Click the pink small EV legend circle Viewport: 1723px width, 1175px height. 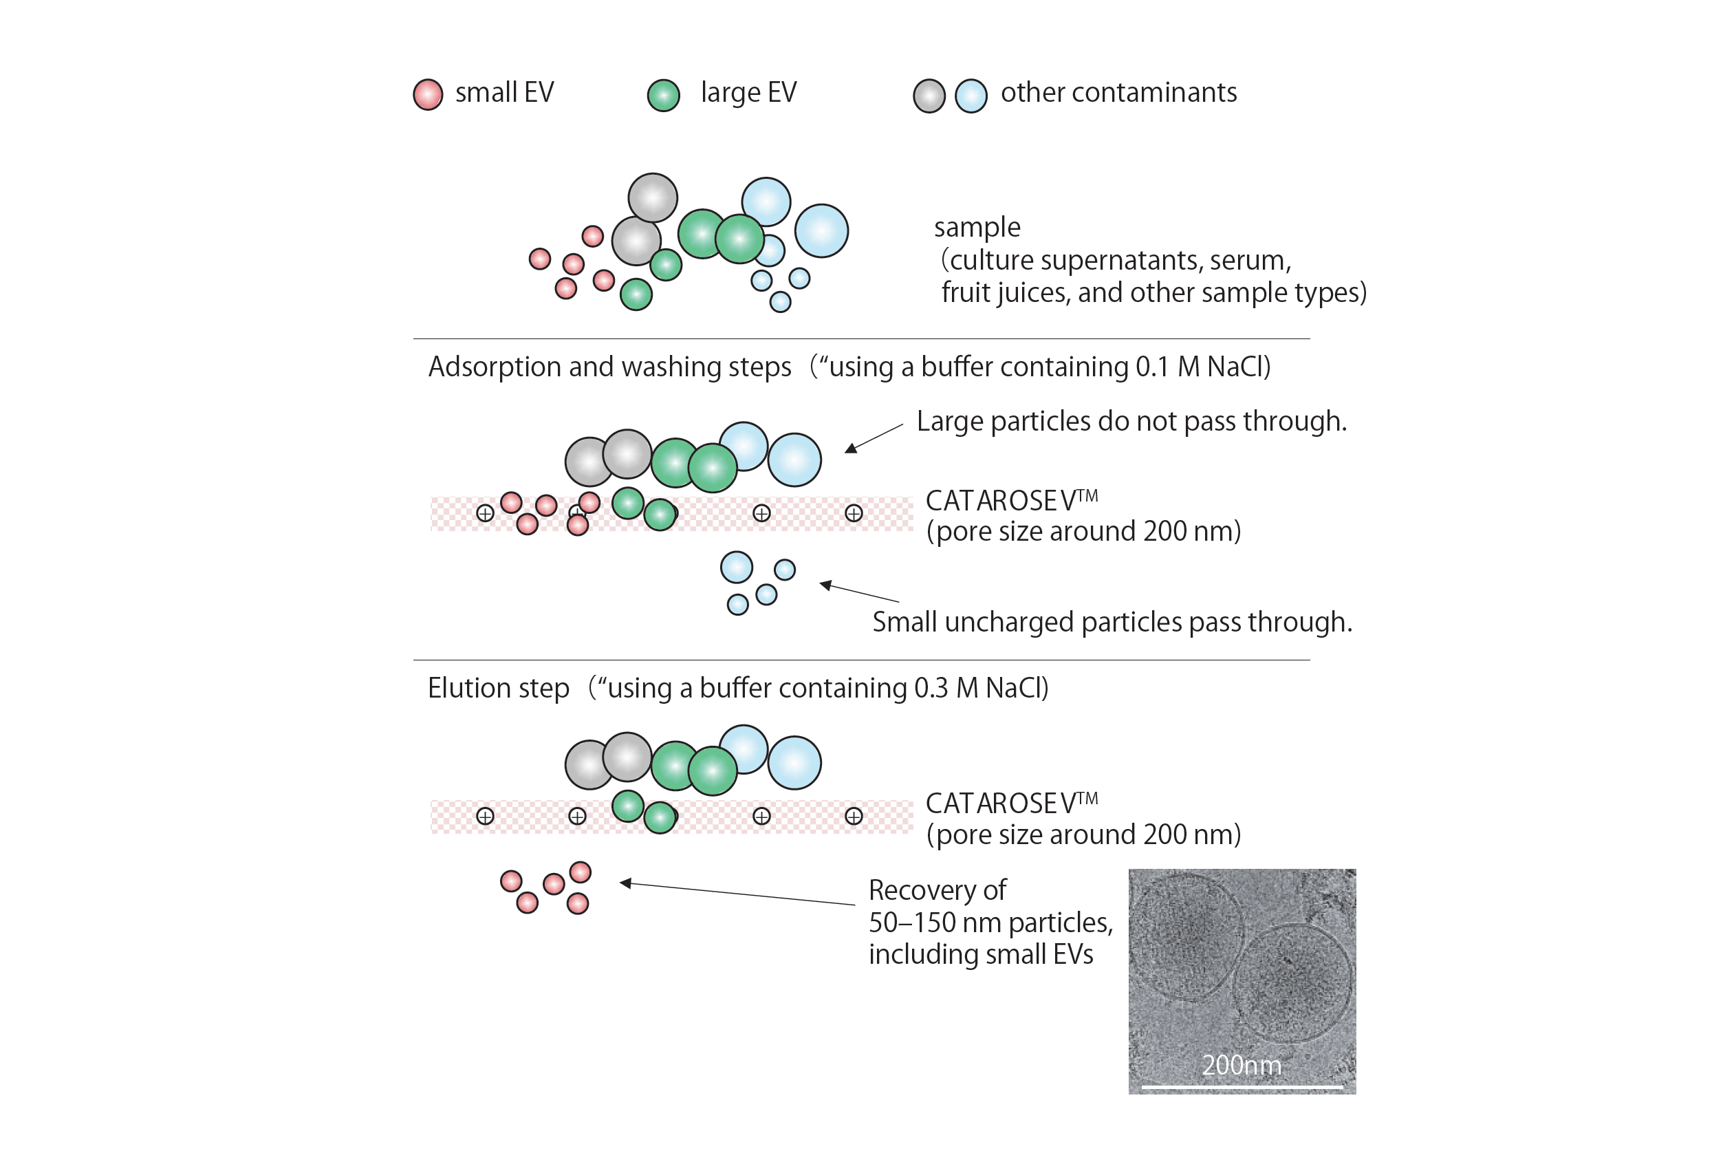click(x=428, y=95)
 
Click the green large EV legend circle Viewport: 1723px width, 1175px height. click(x=664, y=96)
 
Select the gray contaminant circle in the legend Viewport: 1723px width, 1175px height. click(x=929, y=96)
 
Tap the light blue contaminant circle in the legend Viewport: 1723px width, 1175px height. click(x=971, y=96)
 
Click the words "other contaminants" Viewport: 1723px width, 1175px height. click(x=1119, y=93)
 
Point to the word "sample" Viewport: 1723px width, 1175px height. click(x=977, y=228)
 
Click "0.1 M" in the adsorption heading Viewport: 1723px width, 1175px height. click(x=1168, y=367)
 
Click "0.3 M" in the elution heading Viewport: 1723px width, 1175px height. click(x=946, y=688)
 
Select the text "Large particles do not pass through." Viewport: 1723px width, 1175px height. click(x=1131, y=421)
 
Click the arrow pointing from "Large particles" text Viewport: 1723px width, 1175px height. click(x=874, y=438)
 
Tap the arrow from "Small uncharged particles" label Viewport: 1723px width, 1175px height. click(x=858, y=592)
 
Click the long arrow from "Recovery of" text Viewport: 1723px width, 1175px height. click(x=737, y=894)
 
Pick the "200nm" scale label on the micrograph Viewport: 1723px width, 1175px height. click(x=1241, y=1066)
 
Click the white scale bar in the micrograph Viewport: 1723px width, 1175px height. click(x=1242, y=1088)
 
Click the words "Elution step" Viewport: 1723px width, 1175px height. click(x=499, y=688)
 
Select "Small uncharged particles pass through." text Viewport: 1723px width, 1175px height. click(x=1112, y=623)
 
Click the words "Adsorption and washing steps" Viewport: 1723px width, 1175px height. click(x=610, y=367)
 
